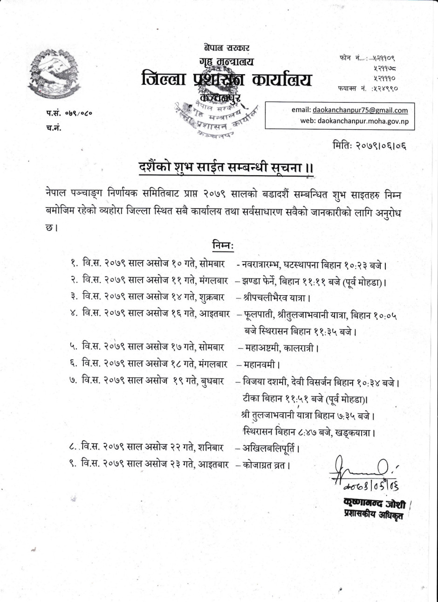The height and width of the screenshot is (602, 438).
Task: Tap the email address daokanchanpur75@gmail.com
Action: coord(360,110)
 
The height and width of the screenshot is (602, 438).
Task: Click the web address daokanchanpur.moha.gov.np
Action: coord(363,121)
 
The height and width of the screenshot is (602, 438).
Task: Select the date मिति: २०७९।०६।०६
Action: coord(370,145)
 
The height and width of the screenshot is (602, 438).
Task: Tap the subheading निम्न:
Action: coord(223,245)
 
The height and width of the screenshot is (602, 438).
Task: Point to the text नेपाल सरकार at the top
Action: coord(226,48)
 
